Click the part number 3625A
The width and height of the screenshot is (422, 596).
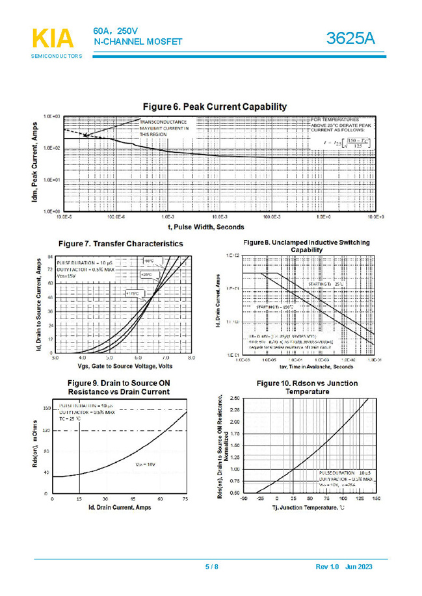(350, 38)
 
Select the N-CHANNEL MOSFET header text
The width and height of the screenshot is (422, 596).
(138, 42)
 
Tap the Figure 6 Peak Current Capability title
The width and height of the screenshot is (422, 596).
(215, 107)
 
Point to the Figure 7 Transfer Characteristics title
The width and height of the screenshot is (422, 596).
(120, 244)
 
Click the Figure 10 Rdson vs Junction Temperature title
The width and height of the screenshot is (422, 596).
(306, 387)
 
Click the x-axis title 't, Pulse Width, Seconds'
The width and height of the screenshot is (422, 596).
(206, 227)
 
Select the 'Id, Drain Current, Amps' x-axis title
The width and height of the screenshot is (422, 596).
(120, 506)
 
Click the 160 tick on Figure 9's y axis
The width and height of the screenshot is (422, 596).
(46, 408)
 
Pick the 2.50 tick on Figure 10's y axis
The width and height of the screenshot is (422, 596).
(235, 397)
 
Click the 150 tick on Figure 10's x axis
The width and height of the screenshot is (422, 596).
(376, 499)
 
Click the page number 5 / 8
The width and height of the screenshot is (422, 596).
(212, 567)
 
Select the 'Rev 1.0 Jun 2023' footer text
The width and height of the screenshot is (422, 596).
(344, 567)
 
